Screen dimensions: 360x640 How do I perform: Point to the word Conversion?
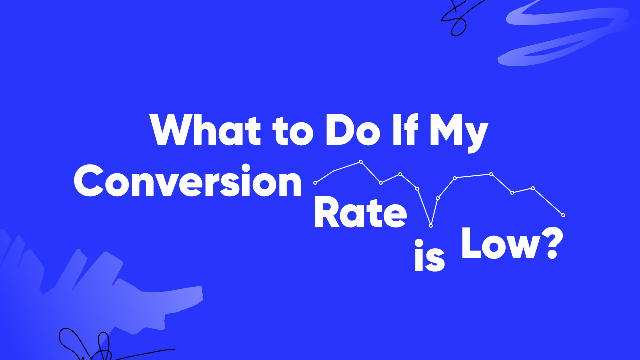[188, 182]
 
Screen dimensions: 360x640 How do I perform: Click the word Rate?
[360, 213]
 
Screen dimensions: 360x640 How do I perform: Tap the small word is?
[429, 257]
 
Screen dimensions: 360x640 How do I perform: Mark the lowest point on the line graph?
[431, 226]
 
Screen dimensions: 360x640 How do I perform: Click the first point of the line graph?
[315, 183]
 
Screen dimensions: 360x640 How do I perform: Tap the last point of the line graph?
[563, 215]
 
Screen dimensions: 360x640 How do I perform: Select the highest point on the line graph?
[361, 162]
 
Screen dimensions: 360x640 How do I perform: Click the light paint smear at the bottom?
[115, 295]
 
